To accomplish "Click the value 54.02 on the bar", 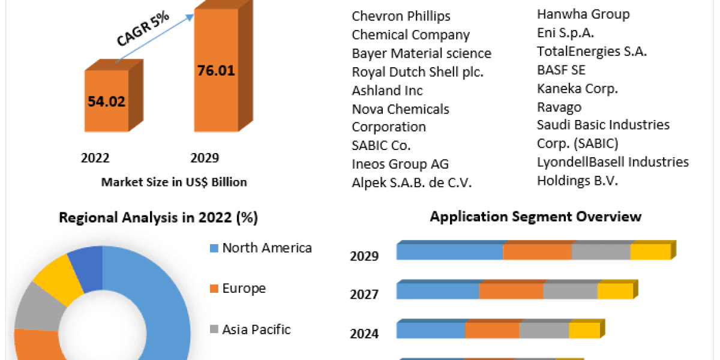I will [106, 101].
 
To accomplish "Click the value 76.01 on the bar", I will [216, 70].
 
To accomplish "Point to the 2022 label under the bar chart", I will [95, 158].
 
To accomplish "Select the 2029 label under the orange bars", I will [205, 158].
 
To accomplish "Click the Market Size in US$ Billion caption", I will [174, 182].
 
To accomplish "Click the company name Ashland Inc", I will [387, 91].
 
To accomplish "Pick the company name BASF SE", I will [561, 70].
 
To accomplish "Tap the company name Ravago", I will [559, 107].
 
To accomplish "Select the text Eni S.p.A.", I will [565, 33].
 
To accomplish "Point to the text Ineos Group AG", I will [400, 164].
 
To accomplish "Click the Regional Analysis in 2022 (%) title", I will [158, 218].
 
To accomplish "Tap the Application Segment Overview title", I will [535, 216].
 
